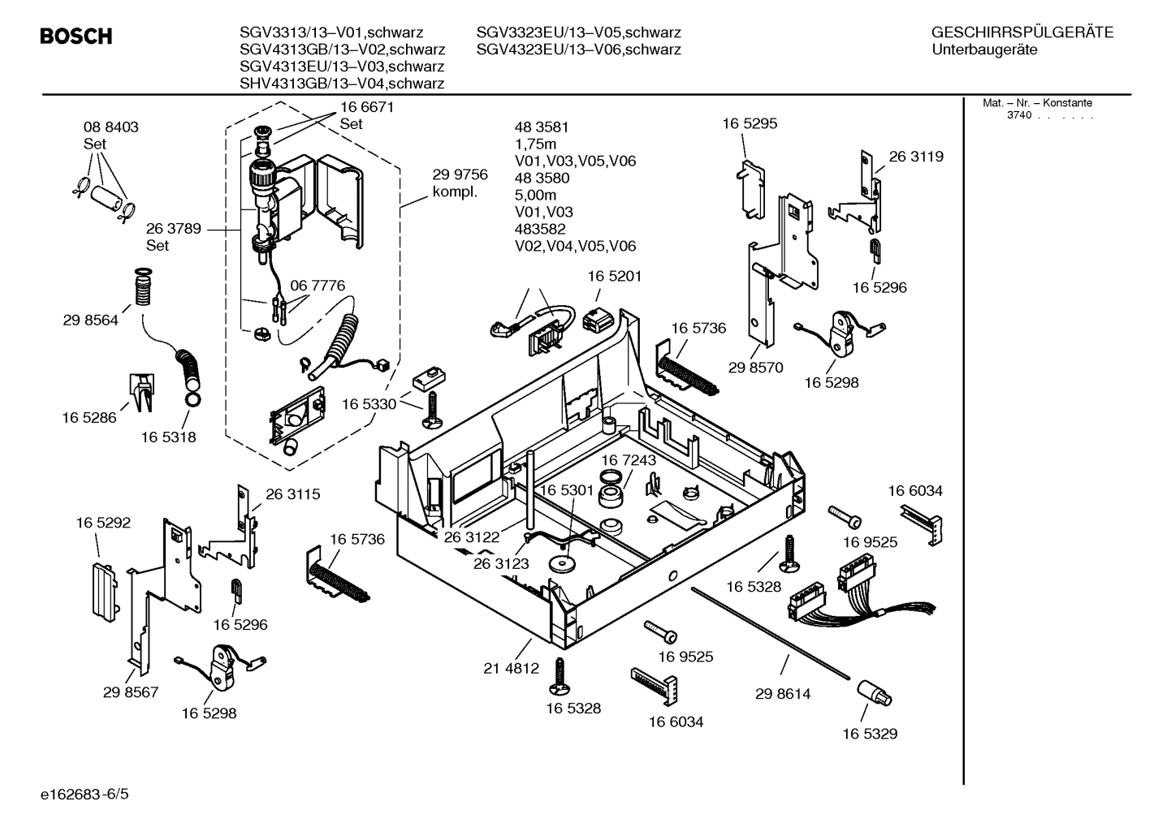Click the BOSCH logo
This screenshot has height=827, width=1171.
pyautogui.click(x=76, y=37)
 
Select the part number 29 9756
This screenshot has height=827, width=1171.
pyautogui.click(x=460, y=174)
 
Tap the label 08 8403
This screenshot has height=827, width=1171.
pyautogui.click(x=110, y=127)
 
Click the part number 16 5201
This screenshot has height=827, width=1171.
pyautogui.click(x=614, y=276)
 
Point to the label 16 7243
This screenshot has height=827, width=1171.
pyautogui.click(x=628, y=460)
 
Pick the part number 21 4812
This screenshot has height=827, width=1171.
pyautogui.click(x=511, y=669)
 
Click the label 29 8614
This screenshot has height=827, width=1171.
pyautogui.click(x=782, y=694)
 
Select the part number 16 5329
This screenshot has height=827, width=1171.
pyautogui.click(x=869, y=734)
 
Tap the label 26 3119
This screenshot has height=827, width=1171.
pyautogui.click(x=916, y=157)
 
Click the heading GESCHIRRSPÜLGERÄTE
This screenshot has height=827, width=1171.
pyautogui.click(x=1022, y=32)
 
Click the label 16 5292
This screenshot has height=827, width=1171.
pyautogui.click(x=103, y=523)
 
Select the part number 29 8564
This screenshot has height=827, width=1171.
pyautogui.click(x=90, y=320)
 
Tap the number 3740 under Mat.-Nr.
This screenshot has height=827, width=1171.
pyautogui.click(x=1018, y=115)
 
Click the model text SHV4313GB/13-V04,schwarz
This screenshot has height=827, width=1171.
pyautogui.click(x=341, y=84)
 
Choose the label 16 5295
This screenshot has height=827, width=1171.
pyautogui.click(x=750, y=123)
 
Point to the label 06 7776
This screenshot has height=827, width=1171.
pyautogui.click(x=318, y=286)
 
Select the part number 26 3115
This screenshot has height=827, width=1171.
pyautogui.click(x=292, y=493)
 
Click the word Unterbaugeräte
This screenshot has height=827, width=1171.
pyautogui.click(x=984, y=50)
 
